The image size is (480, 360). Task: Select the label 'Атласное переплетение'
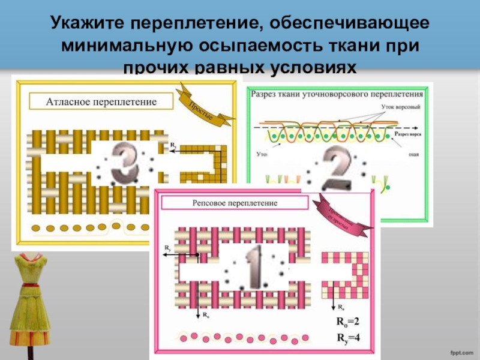coord(101,102)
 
